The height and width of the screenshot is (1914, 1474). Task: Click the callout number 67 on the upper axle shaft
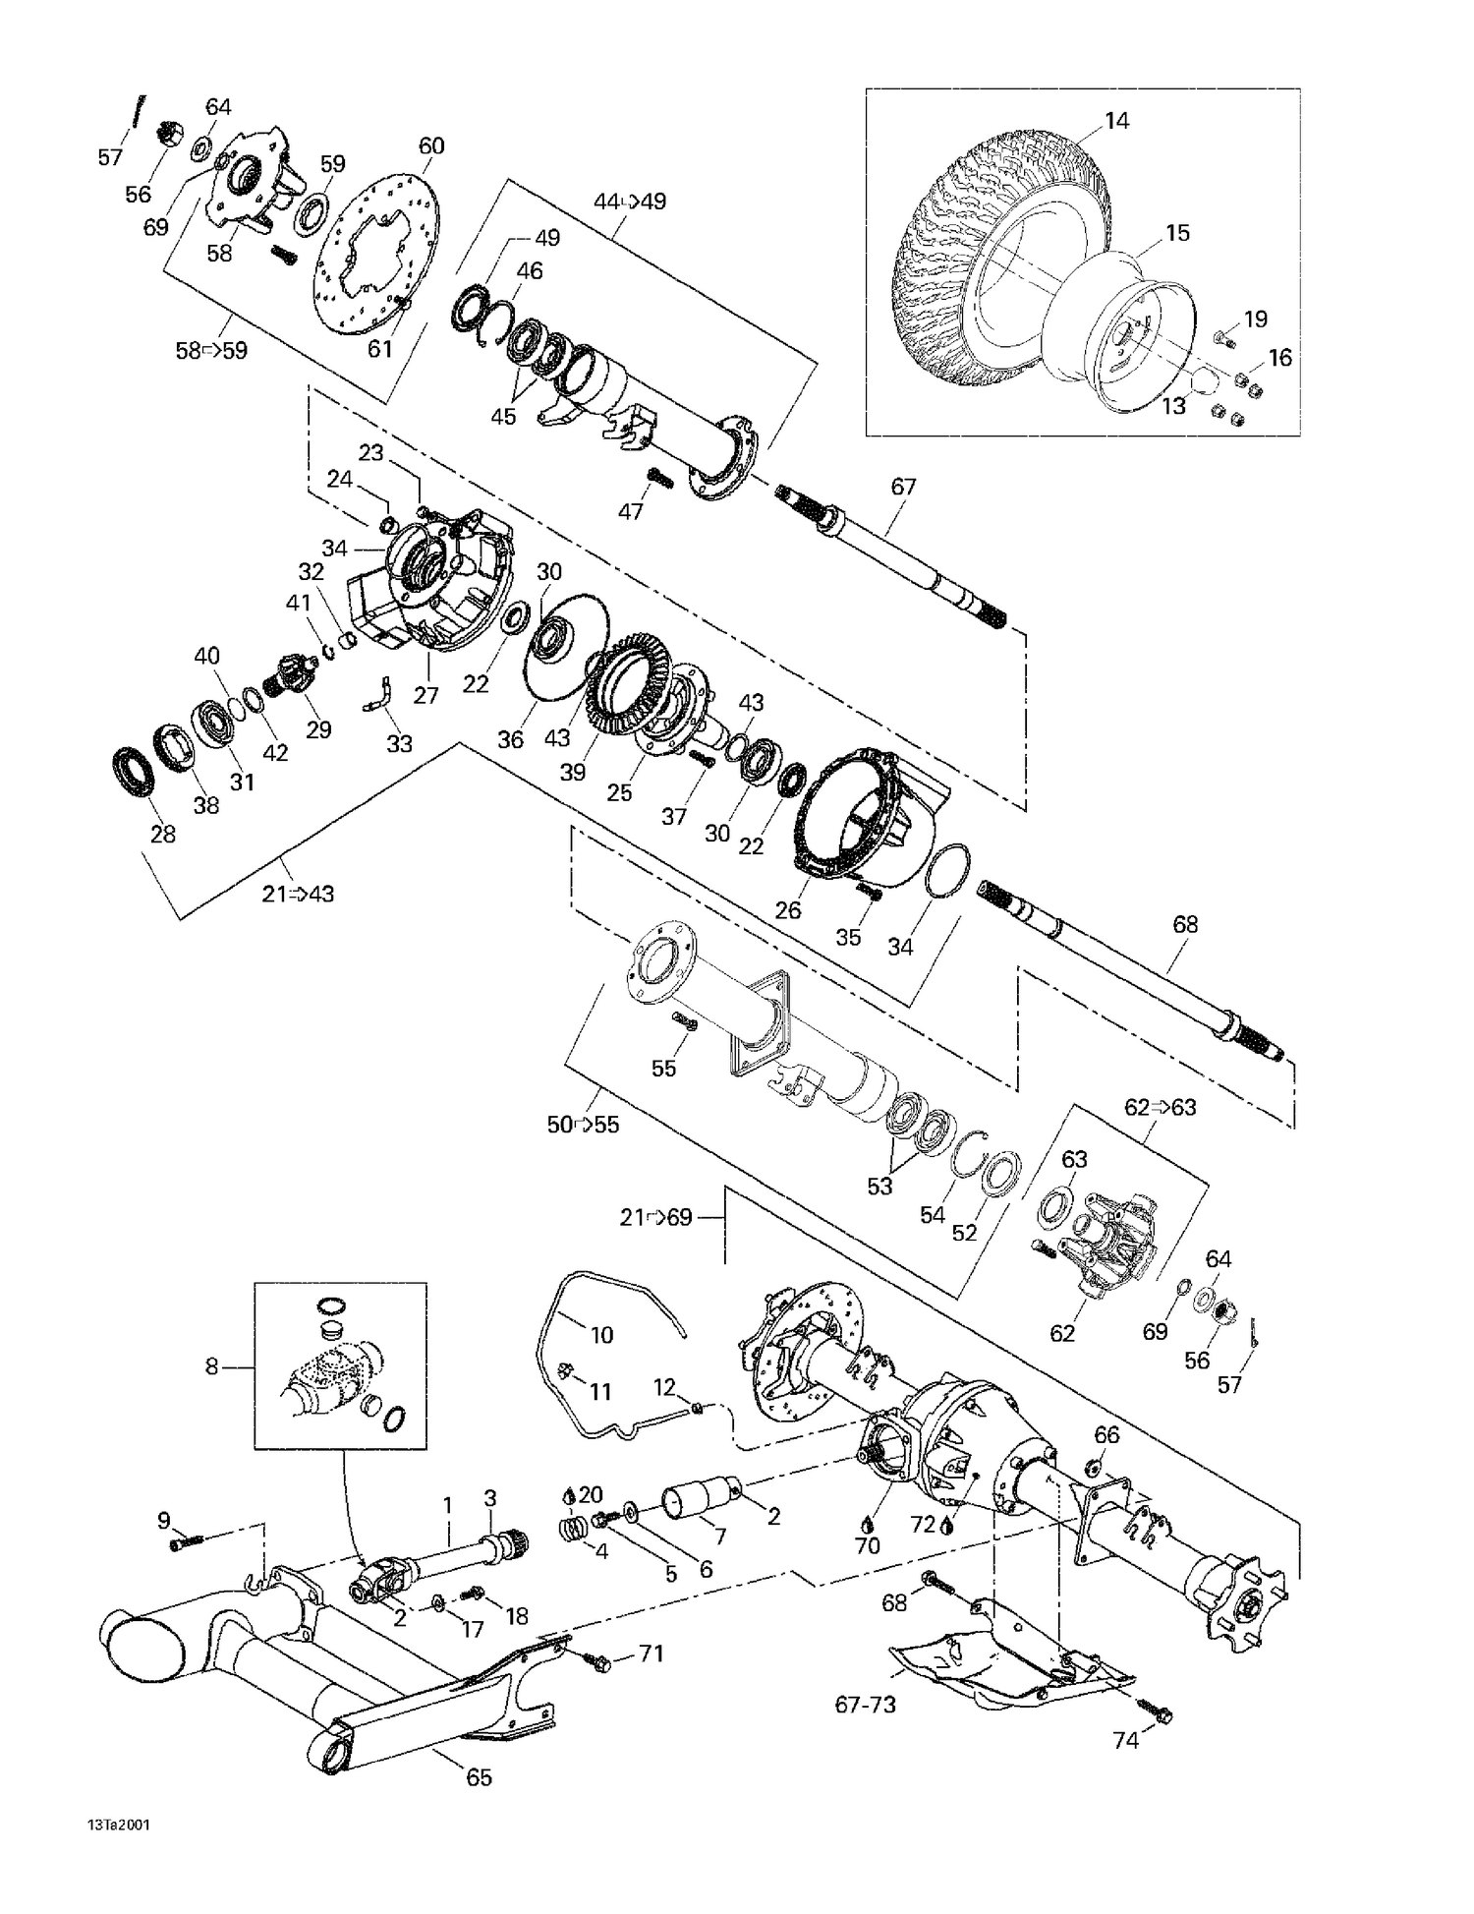pyautogui.click(x=903, y=487)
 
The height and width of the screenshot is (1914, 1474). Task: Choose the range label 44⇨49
pyautogui.click(x=630, y=202)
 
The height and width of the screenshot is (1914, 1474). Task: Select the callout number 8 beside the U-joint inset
pyautogui.click(x=211, y=1366)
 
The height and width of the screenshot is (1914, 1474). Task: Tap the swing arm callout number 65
pyautogui.click(x=479, y=1776)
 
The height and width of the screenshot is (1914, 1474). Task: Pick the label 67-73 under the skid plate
pyautogui.click(x=866, y=1705)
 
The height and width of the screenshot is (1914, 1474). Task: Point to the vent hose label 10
pyautogui.click(x=601, y=1334)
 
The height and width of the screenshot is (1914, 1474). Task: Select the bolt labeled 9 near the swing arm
pyautogui.click(x=184, y=1544)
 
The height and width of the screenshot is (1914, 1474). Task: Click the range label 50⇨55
pyautogui.click(x=584, y=1124)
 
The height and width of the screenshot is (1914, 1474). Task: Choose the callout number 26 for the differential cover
pyautogui.click(x=788, y=909)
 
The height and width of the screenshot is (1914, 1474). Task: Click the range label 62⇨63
pyautogui.click(x=1161, y=1107)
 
